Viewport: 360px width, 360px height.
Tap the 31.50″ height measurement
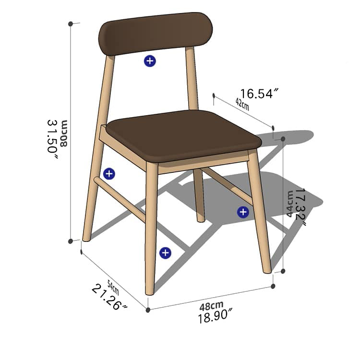pos(52,136)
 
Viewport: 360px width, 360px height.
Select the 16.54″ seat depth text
pos(260,93)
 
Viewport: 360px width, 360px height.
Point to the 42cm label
pos(242,104)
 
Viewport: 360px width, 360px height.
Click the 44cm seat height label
pos(290,204)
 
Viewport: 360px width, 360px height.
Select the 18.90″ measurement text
pos(216,317)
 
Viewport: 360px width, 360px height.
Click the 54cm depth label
pos(112,287)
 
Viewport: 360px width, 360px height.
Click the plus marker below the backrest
pos(150,61)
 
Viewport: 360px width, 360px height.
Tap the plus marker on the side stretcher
pos(109,174)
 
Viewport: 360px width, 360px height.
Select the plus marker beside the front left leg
pos(165,253)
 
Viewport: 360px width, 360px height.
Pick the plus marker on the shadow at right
pos(243,212)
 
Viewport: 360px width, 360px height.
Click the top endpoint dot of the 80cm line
pos(71,23)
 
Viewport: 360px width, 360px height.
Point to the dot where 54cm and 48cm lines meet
pos(148,310)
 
